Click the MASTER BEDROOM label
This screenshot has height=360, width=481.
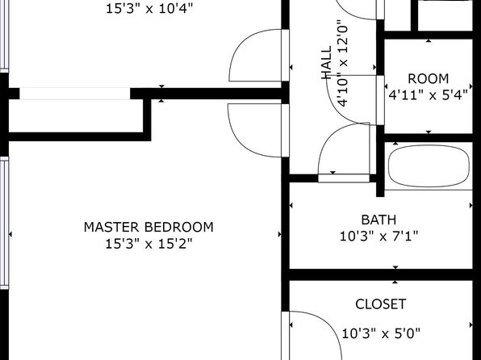point(148,227)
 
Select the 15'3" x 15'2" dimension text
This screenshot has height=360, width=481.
point(148,244)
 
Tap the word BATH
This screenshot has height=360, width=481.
point(379,220)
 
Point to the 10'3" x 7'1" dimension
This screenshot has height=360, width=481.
point(379,237)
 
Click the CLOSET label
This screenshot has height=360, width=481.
point(381,304)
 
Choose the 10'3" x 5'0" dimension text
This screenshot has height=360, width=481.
point(381,333)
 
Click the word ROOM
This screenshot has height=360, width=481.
point(429,79)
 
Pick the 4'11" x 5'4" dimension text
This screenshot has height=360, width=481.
point(429,95)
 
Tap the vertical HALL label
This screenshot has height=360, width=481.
point(326,63)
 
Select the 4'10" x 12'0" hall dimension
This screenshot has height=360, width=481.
point(343,63)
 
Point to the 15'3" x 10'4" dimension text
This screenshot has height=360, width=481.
point(149,9)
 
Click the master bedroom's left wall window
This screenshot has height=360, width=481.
point(4,223)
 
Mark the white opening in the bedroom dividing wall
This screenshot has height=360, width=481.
point(75,94)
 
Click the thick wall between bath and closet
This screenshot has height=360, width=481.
point(381,274)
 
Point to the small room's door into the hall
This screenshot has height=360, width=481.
point(380,100)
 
